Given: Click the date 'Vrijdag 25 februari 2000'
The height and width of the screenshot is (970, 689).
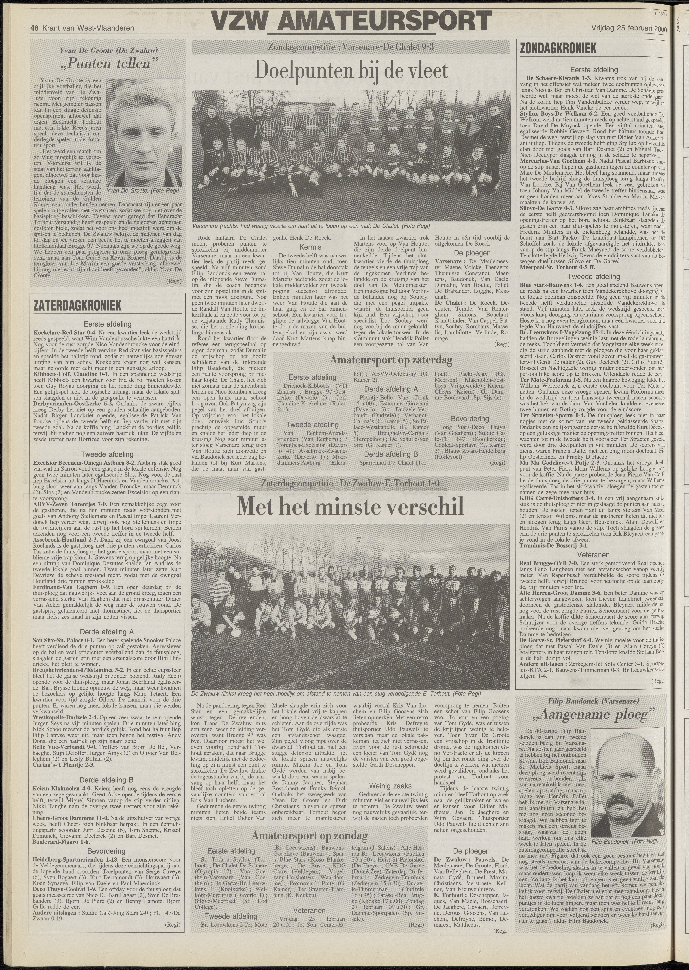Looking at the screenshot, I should [x=629, y=29].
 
